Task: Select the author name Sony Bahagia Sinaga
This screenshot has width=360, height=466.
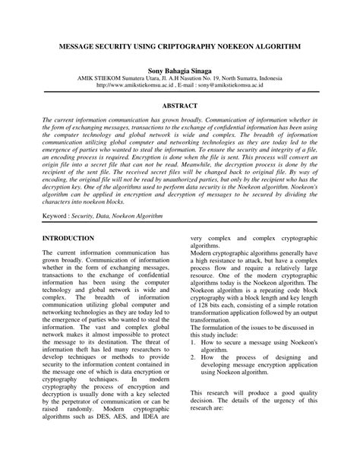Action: (180, 68)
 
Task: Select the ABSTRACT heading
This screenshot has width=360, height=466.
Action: (180, 106)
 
